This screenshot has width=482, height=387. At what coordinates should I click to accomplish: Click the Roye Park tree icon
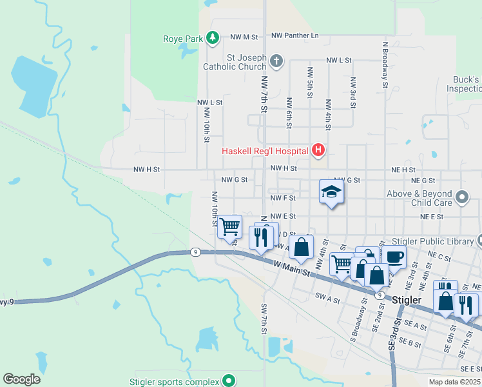pos(212,39)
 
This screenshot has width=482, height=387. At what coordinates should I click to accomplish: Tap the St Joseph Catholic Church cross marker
pos(276,61)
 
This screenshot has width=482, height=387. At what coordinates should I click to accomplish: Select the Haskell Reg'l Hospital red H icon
pos(318,152)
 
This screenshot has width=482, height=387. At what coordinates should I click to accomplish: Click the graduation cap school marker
pos(331,192)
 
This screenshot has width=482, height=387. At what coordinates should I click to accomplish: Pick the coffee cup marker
pos(393,256)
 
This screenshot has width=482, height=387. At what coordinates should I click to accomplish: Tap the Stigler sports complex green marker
pos(227,381)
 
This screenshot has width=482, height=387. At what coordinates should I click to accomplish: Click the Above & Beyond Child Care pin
pos(461,196)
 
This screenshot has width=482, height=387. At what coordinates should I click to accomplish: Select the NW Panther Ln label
pos(295,36)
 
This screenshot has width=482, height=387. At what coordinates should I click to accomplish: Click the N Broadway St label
pos(385,64)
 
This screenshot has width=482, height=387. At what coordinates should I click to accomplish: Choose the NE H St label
pos(403,169)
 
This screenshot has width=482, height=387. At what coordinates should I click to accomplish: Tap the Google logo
pos(21,379)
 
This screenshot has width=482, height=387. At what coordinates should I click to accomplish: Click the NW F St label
pos(283,198)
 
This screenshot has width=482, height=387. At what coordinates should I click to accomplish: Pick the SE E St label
pos(470,368)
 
